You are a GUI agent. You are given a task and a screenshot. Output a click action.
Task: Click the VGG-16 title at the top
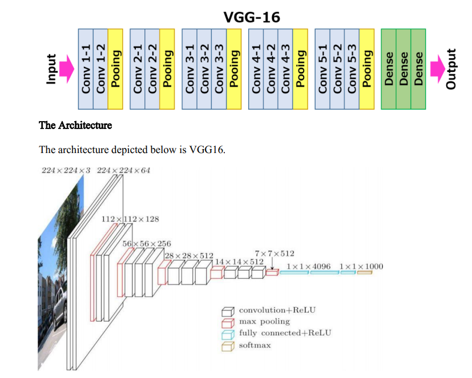(x=252, y=17)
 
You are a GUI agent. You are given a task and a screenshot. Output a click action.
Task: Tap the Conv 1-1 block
(x=86, y=69)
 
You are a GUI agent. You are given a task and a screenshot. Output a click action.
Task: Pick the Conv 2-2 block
(x=152, y=69)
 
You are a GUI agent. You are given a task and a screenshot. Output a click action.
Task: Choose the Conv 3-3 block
(x=219, y=69)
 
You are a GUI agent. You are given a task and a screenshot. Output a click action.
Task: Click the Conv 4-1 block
(x=256, y=69)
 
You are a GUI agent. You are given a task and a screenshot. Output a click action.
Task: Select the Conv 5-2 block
(x=337, y=69)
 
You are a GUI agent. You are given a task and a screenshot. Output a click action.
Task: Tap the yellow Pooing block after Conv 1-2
(x=115, y=69)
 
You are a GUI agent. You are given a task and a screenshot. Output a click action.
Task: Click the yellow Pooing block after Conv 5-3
(x=366, y=69)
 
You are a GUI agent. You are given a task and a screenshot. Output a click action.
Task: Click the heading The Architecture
(x=75, y=125)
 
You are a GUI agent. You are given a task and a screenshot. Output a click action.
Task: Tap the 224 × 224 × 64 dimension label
(x=123, y=171)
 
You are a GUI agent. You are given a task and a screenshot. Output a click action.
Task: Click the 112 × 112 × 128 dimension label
(x=130, y=219)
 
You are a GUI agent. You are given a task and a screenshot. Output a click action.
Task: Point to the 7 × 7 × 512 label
(x=275, y=253)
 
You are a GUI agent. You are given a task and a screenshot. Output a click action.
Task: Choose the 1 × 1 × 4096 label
(x=308, y=266)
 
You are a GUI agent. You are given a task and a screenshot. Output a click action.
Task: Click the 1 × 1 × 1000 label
(x=361, y=266)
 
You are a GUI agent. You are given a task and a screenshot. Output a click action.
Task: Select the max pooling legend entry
(x=264, y=321)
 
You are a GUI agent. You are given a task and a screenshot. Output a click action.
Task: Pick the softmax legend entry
(x=255, y=345)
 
